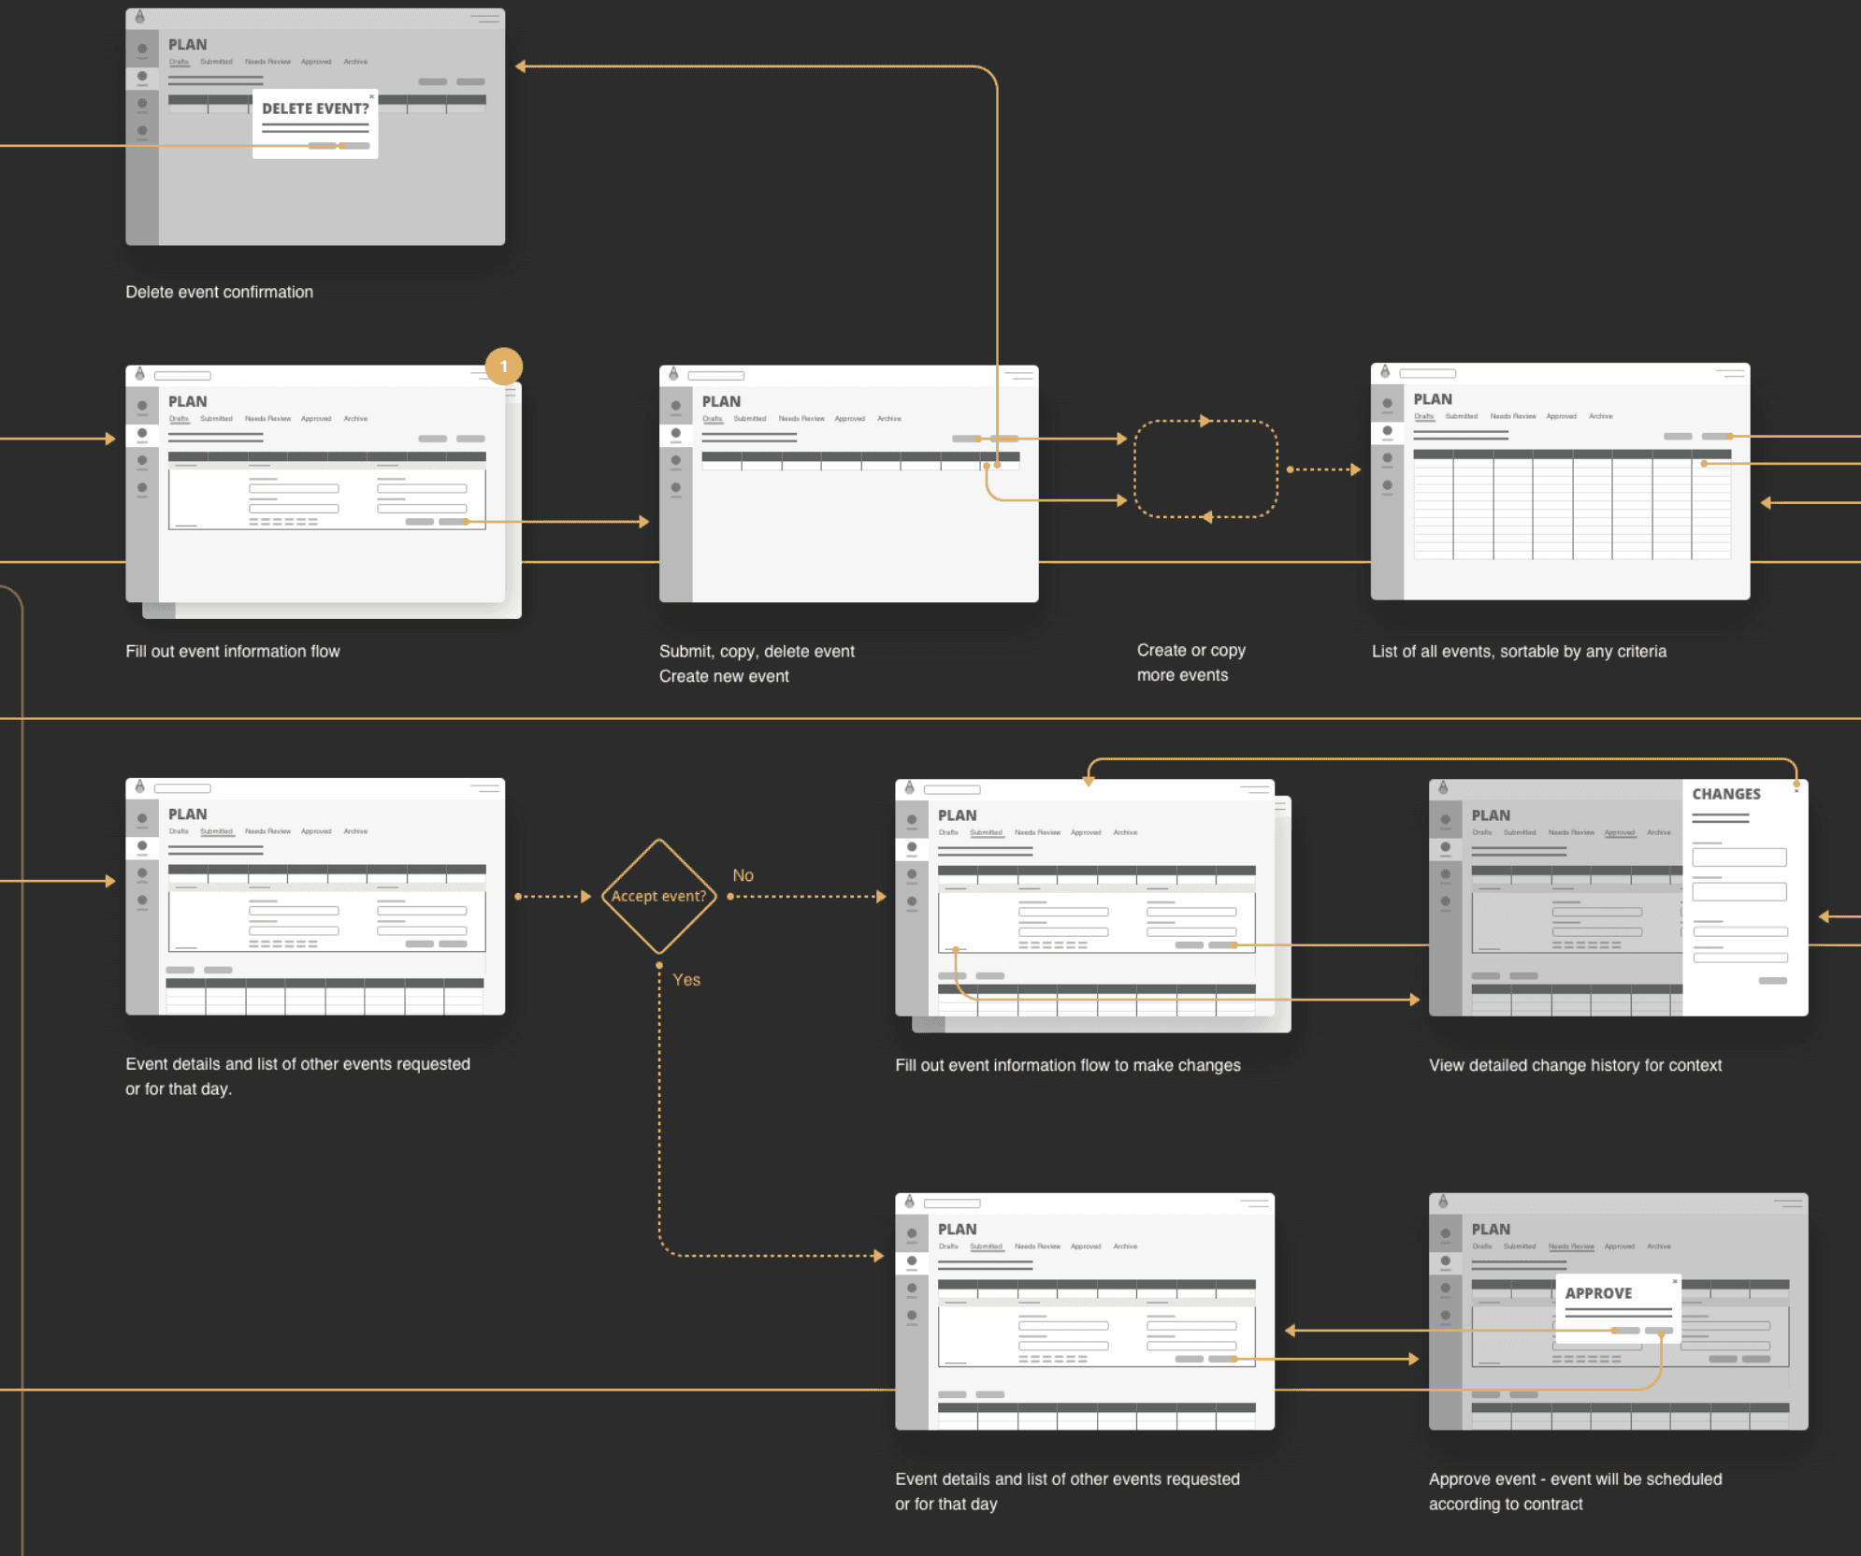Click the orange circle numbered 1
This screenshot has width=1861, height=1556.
coord(504,367)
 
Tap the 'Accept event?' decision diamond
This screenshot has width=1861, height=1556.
coord(659,896)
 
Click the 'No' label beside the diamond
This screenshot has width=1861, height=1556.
coord(743,875)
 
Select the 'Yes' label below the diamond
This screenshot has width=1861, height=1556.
coord(686,979)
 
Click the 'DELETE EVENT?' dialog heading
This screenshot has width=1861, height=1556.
coord(315,108)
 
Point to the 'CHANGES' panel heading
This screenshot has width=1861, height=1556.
coord(1725,794)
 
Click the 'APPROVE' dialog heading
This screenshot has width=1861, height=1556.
coord(1598,1293)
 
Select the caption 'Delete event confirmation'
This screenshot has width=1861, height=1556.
coord(220,292)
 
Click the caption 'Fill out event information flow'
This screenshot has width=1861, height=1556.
coord(233,651)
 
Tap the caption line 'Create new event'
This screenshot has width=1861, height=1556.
coord(724,676)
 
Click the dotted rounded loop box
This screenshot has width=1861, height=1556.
coord(1205,468)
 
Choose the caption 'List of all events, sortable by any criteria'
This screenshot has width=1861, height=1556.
coord(1519,651)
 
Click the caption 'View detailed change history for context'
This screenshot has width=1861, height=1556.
coord(1575,1065)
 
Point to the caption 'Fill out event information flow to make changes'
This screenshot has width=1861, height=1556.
coord(1068,1065)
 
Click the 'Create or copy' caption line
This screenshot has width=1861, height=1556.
coord(1191,650)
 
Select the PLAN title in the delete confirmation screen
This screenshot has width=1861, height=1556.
coord(188,44)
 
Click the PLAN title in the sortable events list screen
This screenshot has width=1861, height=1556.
coord(1433,399)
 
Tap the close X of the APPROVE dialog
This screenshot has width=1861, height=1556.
coord(1675,1281)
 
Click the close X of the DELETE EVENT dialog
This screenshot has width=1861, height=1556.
coord(371,96)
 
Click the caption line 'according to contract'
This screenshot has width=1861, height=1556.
coord(1506,1504)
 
